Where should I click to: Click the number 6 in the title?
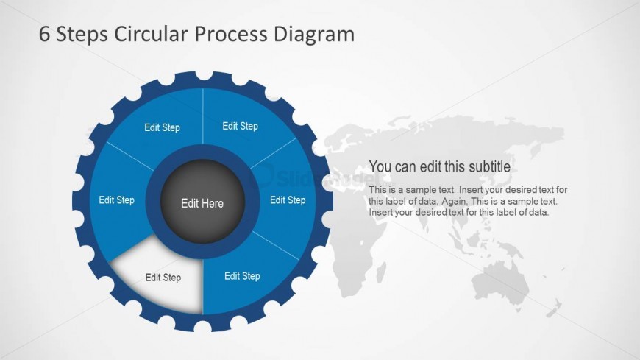(46, 34)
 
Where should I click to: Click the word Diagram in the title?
(315, 35)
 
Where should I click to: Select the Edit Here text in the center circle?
(202, 203)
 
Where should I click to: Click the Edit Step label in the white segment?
(163, 278)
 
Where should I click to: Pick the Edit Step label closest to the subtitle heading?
(288, 200)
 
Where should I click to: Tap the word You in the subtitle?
(380, 166)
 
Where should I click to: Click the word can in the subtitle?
(406, 166)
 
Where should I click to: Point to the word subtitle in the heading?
(491, 166)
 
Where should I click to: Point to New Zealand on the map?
(557, 306)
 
